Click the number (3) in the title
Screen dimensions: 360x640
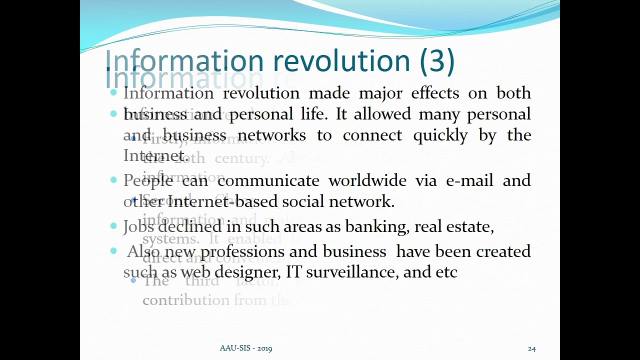click(437, 61)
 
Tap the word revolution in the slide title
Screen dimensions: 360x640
click(342, 61)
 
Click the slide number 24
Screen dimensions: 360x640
click(531, 348)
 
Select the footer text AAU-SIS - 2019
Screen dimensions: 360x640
click(246, 348)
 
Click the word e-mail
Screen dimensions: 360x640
click(469, 180)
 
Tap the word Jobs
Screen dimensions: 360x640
click(138, 226)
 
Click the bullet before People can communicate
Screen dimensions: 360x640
click(114, 180)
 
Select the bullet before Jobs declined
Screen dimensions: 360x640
click(114, 226)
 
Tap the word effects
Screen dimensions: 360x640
click(435, 93)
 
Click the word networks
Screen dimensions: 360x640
click(271, 135)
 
